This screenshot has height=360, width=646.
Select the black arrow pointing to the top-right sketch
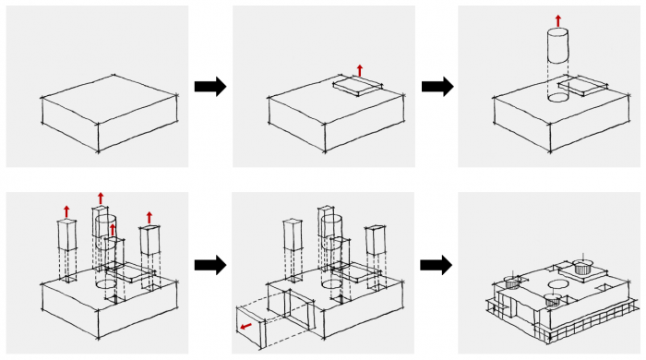(x=437, y=87)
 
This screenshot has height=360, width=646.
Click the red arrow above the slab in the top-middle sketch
(x=360, y=69)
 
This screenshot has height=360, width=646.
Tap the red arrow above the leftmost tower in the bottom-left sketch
(x=66, y=210)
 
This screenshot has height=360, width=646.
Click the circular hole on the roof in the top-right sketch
(x=556, y=95)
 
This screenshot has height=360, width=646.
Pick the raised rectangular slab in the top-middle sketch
(x=355, y=86)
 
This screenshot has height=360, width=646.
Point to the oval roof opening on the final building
(x=557, y=284)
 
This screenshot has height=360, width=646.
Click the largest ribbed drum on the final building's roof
(x=582, y=268)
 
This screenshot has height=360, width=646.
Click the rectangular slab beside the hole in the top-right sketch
(x=584, y=89)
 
